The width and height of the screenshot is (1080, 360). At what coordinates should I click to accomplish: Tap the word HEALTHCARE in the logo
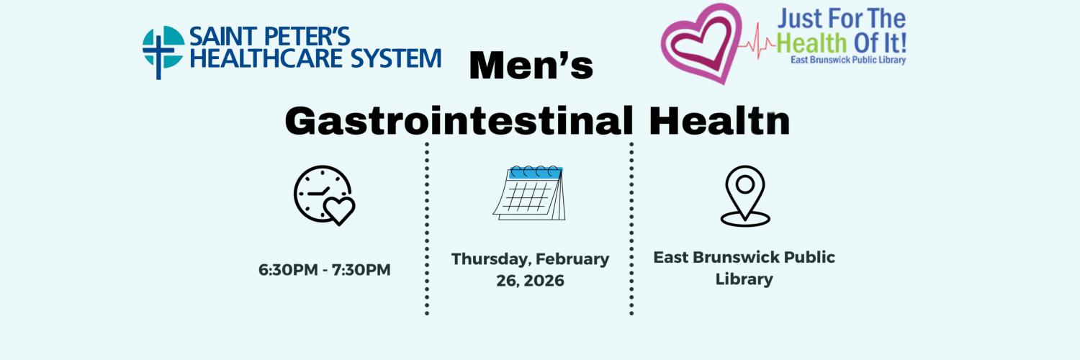point(268,58)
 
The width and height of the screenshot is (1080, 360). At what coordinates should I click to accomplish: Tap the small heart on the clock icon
point(338,210)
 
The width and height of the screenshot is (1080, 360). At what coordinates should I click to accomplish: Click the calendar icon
point(529,193)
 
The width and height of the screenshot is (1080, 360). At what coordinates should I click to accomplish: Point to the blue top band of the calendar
point(535,174)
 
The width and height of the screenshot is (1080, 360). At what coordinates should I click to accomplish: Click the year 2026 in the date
point(545,281)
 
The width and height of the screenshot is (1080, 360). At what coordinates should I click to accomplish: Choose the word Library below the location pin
point(744,279)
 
